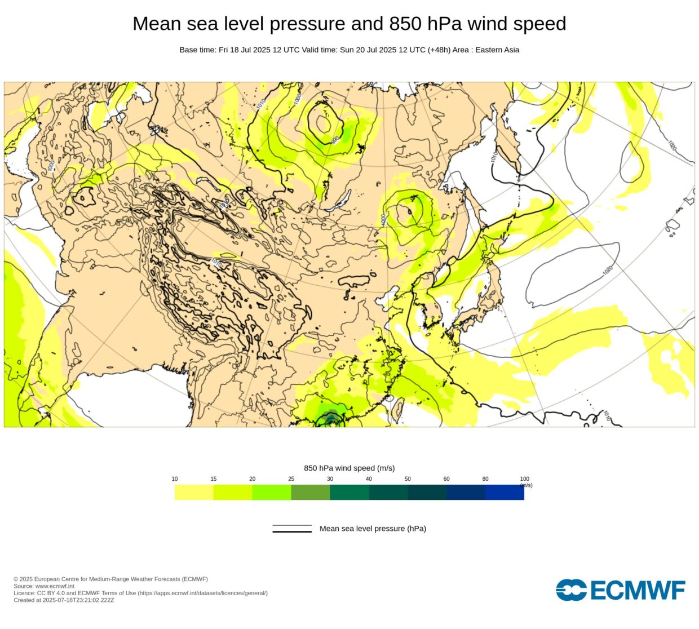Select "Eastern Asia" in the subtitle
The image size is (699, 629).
click(497, 50)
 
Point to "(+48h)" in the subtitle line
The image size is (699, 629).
click(439, 50)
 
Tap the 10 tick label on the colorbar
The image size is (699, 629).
click(175, 479)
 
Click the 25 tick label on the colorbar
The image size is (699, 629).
click(291, 479)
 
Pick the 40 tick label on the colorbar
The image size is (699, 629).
click(369, 479)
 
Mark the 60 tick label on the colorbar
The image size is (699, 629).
click(446, 479)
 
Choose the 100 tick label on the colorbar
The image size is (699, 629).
click(524, 479)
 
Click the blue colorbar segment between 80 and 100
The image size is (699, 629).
click(505, 492)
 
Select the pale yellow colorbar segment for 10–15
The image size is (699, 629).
click(194, 492)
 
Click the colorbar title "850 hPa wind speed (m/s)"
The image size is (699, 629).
click(349, 468)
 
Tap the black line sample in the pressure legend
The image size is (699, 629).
click(292, 529)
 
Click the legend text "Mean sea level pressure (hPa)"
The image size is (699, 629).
click(373, 529)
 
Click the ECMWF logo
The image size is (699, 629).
click(621, 590)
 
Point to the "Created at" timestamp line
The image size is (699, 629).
click(64, 600)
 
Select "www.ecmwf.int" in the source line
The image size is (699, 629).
click(55, 586)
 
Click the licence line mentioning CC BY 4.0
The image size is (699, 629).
click(140, 593)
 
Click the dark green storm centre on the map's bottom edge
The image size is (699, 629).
click(330, 419)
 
